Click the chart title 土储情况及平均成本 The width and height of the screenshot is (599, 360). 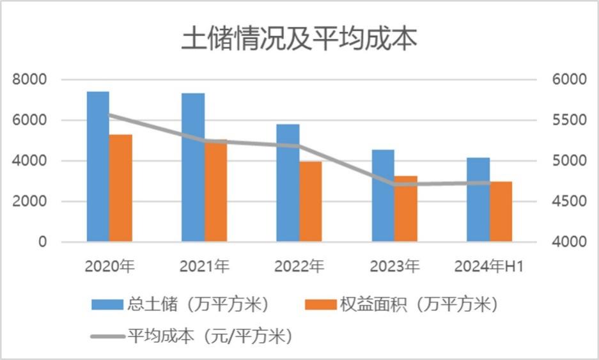point(299,39)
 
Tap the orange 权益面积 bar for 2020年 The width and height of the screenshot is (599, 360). point(121,188)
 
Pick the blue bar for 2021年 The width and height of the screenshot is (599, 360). point(192,168)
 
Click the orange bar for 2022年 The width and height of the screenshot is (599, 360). point(311,201)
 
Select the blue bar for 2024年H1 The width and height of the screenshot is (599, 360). point(478,200)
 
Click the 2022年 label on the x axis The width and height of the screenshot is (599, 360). point(299,265)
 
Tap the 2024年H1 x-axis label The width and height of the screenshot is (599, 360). point(489,265)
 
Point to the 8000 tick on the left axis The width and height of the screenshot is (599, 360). point(33,79)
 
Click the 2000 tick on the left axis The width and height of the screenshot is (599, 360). point(33,201)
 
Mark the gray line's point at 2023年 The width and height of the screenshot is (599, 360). point(394,184)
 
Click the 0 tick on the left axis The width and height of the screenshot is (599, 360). point(42,242)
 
